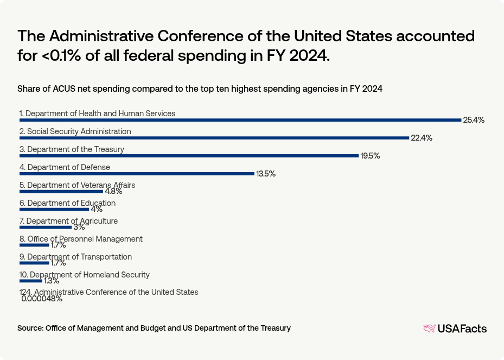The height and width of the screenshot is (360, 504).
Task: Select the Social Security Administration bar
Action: (x=214, y=138)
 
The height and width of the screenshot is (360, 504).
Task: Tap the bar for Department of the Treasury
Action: (x=189, y=156)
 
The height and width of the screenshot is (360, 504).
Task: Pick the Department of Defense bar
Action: (x=137, y=174)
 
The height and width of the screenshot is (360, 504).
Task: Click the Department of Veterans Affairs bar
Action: (x=61, y=192)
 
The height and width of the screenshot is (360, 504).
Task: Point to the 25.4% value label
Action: (x=473, y=120)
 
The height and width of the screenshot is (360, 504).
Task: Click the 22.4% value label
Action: (x=421, y=138)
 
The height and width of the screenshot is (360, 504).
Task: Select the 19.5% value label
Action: (x=370, y=156)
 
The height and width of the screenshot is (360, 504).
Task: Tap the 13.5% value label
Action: (x=266, y=174)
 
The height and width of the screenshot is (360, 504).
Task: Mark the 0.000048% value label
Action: (x=42, y=299)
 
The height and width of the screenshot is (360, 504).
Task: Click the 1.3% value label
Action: (x=52, y=281)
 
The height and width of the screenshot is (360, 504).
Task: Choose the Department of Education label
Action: (x=67, y=203)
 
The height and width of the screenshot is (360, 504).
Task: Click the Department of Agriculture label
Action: (x=68, y=221)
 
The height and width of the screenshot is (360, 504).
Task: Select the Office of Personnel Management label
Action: (x=81, y=239)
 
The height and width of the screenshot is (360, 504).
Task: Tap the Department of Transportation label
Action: (x=75, y=257)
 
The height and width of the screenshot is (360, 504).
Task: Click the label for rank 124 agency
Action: (x=109, y=292)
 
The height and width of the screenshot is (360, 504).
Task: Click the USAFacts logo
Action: (x=455, y=328)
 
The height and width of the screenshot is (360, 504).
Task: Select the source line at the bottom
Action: (x=154, y=328)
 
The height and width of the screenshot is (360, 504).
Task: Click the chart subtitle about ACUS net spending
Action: (x=200, y=89)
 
